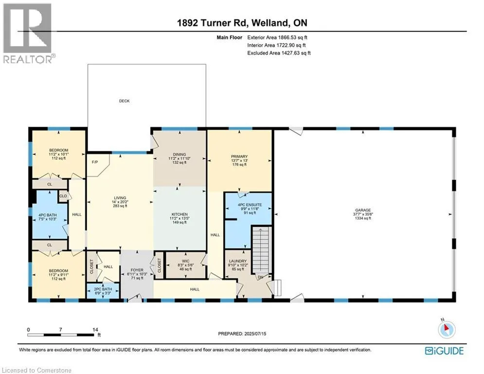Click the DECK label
pyautogui.click(x=125, y=101)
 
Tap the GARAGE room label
pyautogui.click(x=363, y=210)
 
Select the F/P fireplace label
pyautogui.click(x=95, y=162)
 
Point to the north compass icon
pyautogui.click(x=447, y=329)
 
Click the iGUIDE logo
pyautogui.click(x=444, y=351)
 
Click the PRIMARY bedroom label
pyautogui.click(x=239, y=157)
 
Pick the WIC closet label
pyautogui.click(x=185, y=261)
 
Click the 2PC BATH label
pyautogui.click(x=103, y=289)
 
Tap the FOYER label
pyautogui.click(x=137, y=270)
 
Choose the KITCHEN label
pyautogui.click(x=179, y=214)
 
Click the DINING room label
pyautogui.click(x=179, y=154)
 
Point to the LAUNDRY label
pyautogui.click(x=238, y=261)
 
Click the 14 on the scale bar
pyautogui.click(x=95, y=330)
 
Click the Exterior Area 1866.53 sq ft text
pyautogui.click(x=277, y=37)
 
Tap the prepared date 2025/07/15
pyautogui.click(x=255, y=334)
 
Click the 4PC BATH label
pyautogui.click(x=48, y=215)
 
